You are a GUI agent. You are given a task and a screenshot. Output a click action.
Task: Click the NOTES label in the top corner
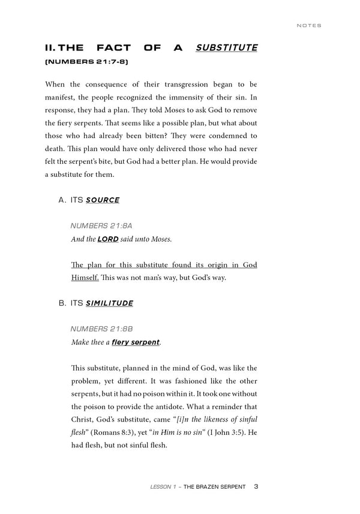(309, 26)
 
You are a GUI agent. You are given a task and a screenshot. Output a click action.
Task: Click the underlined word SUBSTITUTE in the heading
(227, 47)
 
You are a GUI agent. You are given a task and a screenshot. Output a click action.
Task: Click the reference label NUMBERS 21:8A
(101, 226)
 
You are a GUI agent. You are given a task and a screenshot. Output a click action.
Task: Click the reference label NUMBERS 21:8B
(101, 329)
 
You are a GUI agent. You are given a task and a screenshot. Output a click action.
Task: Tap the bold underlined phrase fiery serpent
(136, 342)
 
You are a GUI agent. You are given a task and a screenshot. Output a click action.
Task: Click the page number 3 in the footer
(256, 486)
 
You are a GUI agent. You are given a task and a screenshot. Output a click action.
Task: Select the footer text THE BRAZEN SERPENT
(214, 487)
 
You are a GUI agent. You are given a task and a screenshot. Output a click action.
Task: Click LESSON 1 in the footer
(164, 487)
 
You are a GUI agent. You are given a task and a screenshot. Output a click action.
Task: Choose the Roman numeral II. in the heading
(53, 47)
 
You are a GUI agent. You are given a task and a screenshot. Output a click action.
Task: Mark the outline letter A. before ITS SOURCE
(62, 200)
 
